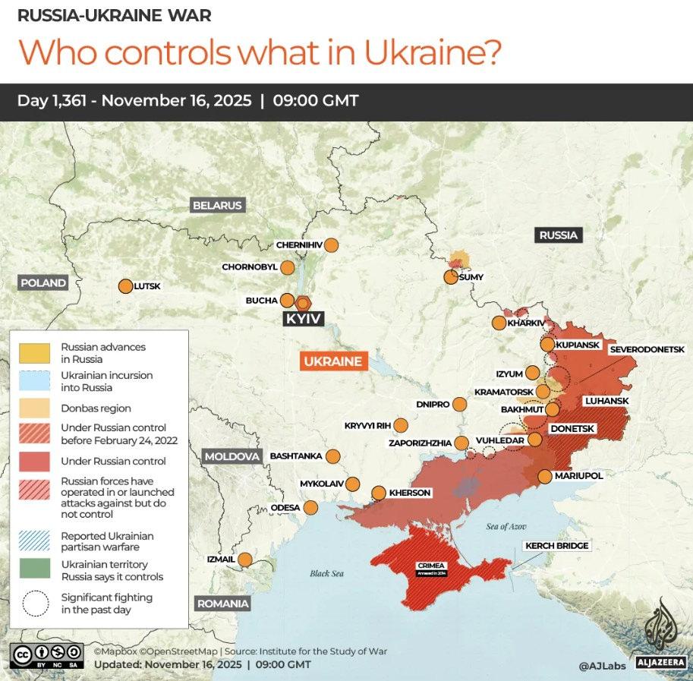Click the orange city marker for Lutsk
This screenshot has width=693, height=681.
(125, 286)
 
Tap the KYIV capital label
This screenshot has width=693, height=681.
(304, 319)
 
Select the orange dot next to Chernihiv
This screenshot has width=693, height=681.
(330, 245)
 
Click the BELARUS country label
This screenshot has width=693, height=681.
(217, 205)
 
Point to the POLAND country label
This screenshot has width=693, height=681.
(43, 282)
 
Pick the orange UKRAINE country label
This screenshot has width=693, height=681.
(333, 361)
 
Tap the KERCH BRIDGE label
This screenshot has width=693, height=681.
(556, 546)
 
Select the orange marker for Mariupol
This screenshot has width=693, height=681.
(545, 476)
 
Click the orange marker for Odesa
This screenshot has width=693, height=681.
(310, 507)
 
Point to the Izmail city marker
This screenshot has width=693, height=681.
(245, 560)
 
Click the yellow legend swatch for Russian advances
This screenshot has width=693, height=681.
(33, 352)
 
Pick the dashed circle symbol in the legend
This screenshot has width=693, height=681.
(33, 604)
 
